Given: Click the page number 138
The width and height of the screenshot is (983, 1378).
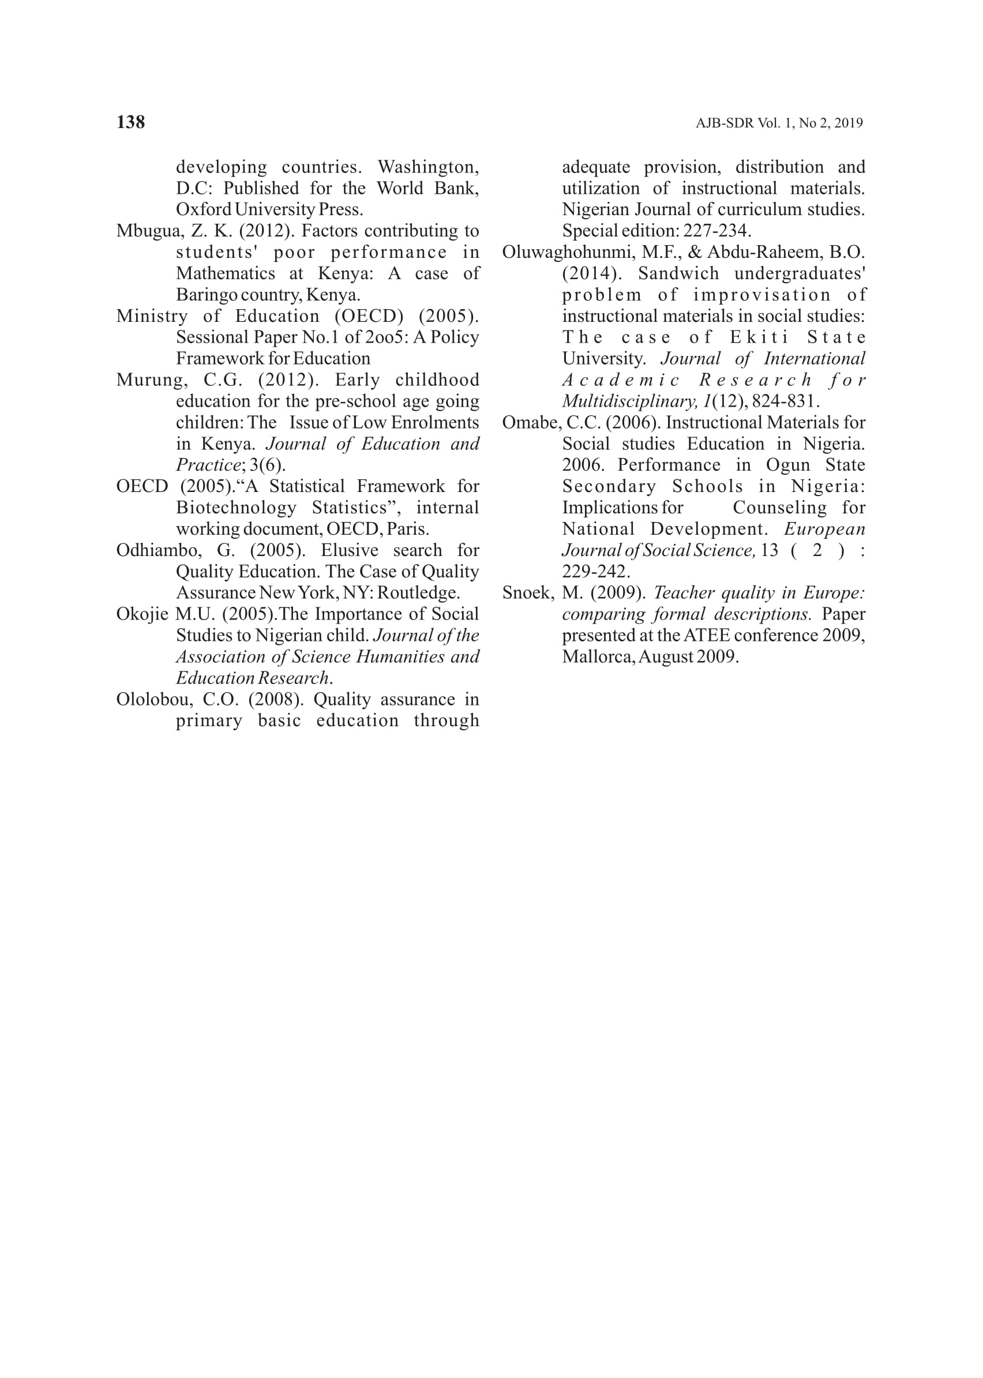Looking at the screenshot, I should tap(130, 122).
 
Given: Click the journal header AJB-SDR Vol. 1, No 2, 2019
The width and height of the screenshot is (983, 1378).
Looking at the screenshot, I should tap(779, 123).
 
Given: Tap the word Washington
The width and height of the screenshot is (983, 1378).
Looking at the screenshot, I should tap(427, 167).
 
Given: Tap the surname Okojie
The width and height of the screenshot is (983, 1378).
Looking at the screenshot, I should tap(142, 614).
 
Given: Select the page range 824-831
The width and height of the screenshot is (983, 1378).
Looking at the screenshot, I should tap(785, 401).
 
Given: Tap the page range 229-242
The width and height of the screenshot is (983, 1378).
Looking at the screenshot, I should tap(595, 571).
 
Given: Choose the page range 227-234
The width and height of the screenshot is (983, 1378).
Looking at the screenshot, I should tap(716, 231).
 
